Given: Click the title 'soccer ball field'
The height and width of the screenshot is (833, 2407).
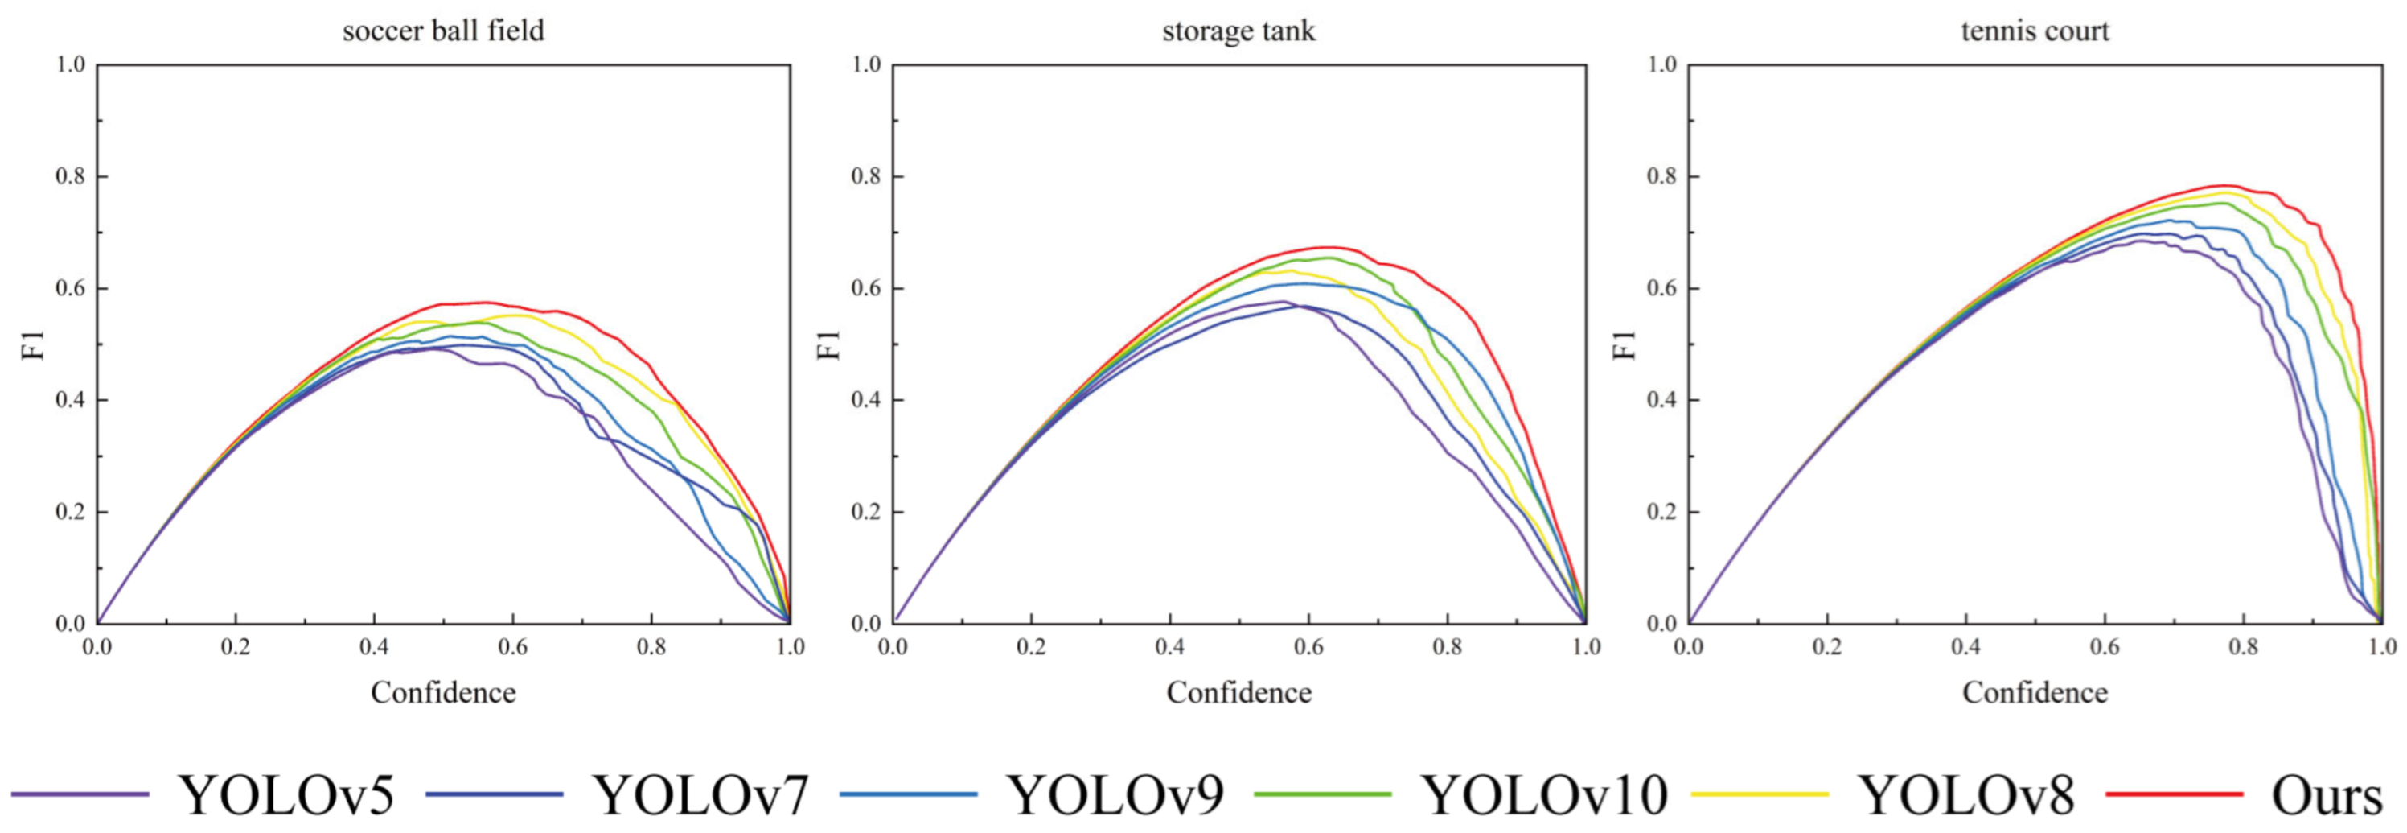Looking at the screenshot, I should [x=443, y=31].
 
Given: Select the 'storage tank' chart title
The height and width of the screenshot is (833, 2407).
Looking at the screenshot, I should [x=1238, y=31].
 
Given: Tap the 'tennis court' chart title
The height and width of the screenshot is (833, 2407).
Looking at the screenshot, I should [x=2034, y=31].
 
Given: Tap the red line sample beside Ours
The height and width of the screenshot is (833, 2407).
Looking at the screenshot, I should [x=2175, y=794].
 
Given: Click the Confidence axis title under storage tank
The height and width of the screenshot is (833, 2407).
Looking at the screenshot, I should [x=1238, y=693].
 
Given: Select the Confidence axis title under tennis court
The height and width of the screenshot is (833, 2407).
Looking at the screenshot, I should [x=2034, y=693].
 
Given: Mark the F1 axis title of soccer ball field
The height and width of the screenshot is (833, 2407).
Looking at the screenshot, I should [x=34, y=344].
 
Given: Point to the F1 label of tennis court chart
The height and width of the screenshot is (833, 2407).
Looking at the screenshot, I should [x=1626, y=344].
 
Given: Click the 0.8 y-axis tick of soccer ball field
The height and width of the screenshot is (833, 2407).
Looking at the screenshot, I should [x=70, y=177].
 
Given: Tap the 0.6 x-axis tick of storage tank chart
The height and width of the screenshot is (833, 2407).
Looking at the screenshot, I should [x=1308, y=647].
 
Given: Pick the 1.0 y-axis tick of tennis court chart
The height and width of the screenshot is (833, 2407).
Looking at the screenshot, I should [x=1661, y=64].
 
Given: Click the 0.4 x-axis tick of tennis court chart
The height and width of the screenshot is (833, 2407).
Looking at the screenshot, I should [x=1965, y=647].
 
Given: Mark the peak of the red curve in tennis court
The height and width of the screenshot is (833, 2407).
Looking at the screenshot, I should [x=2224, y=185].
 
